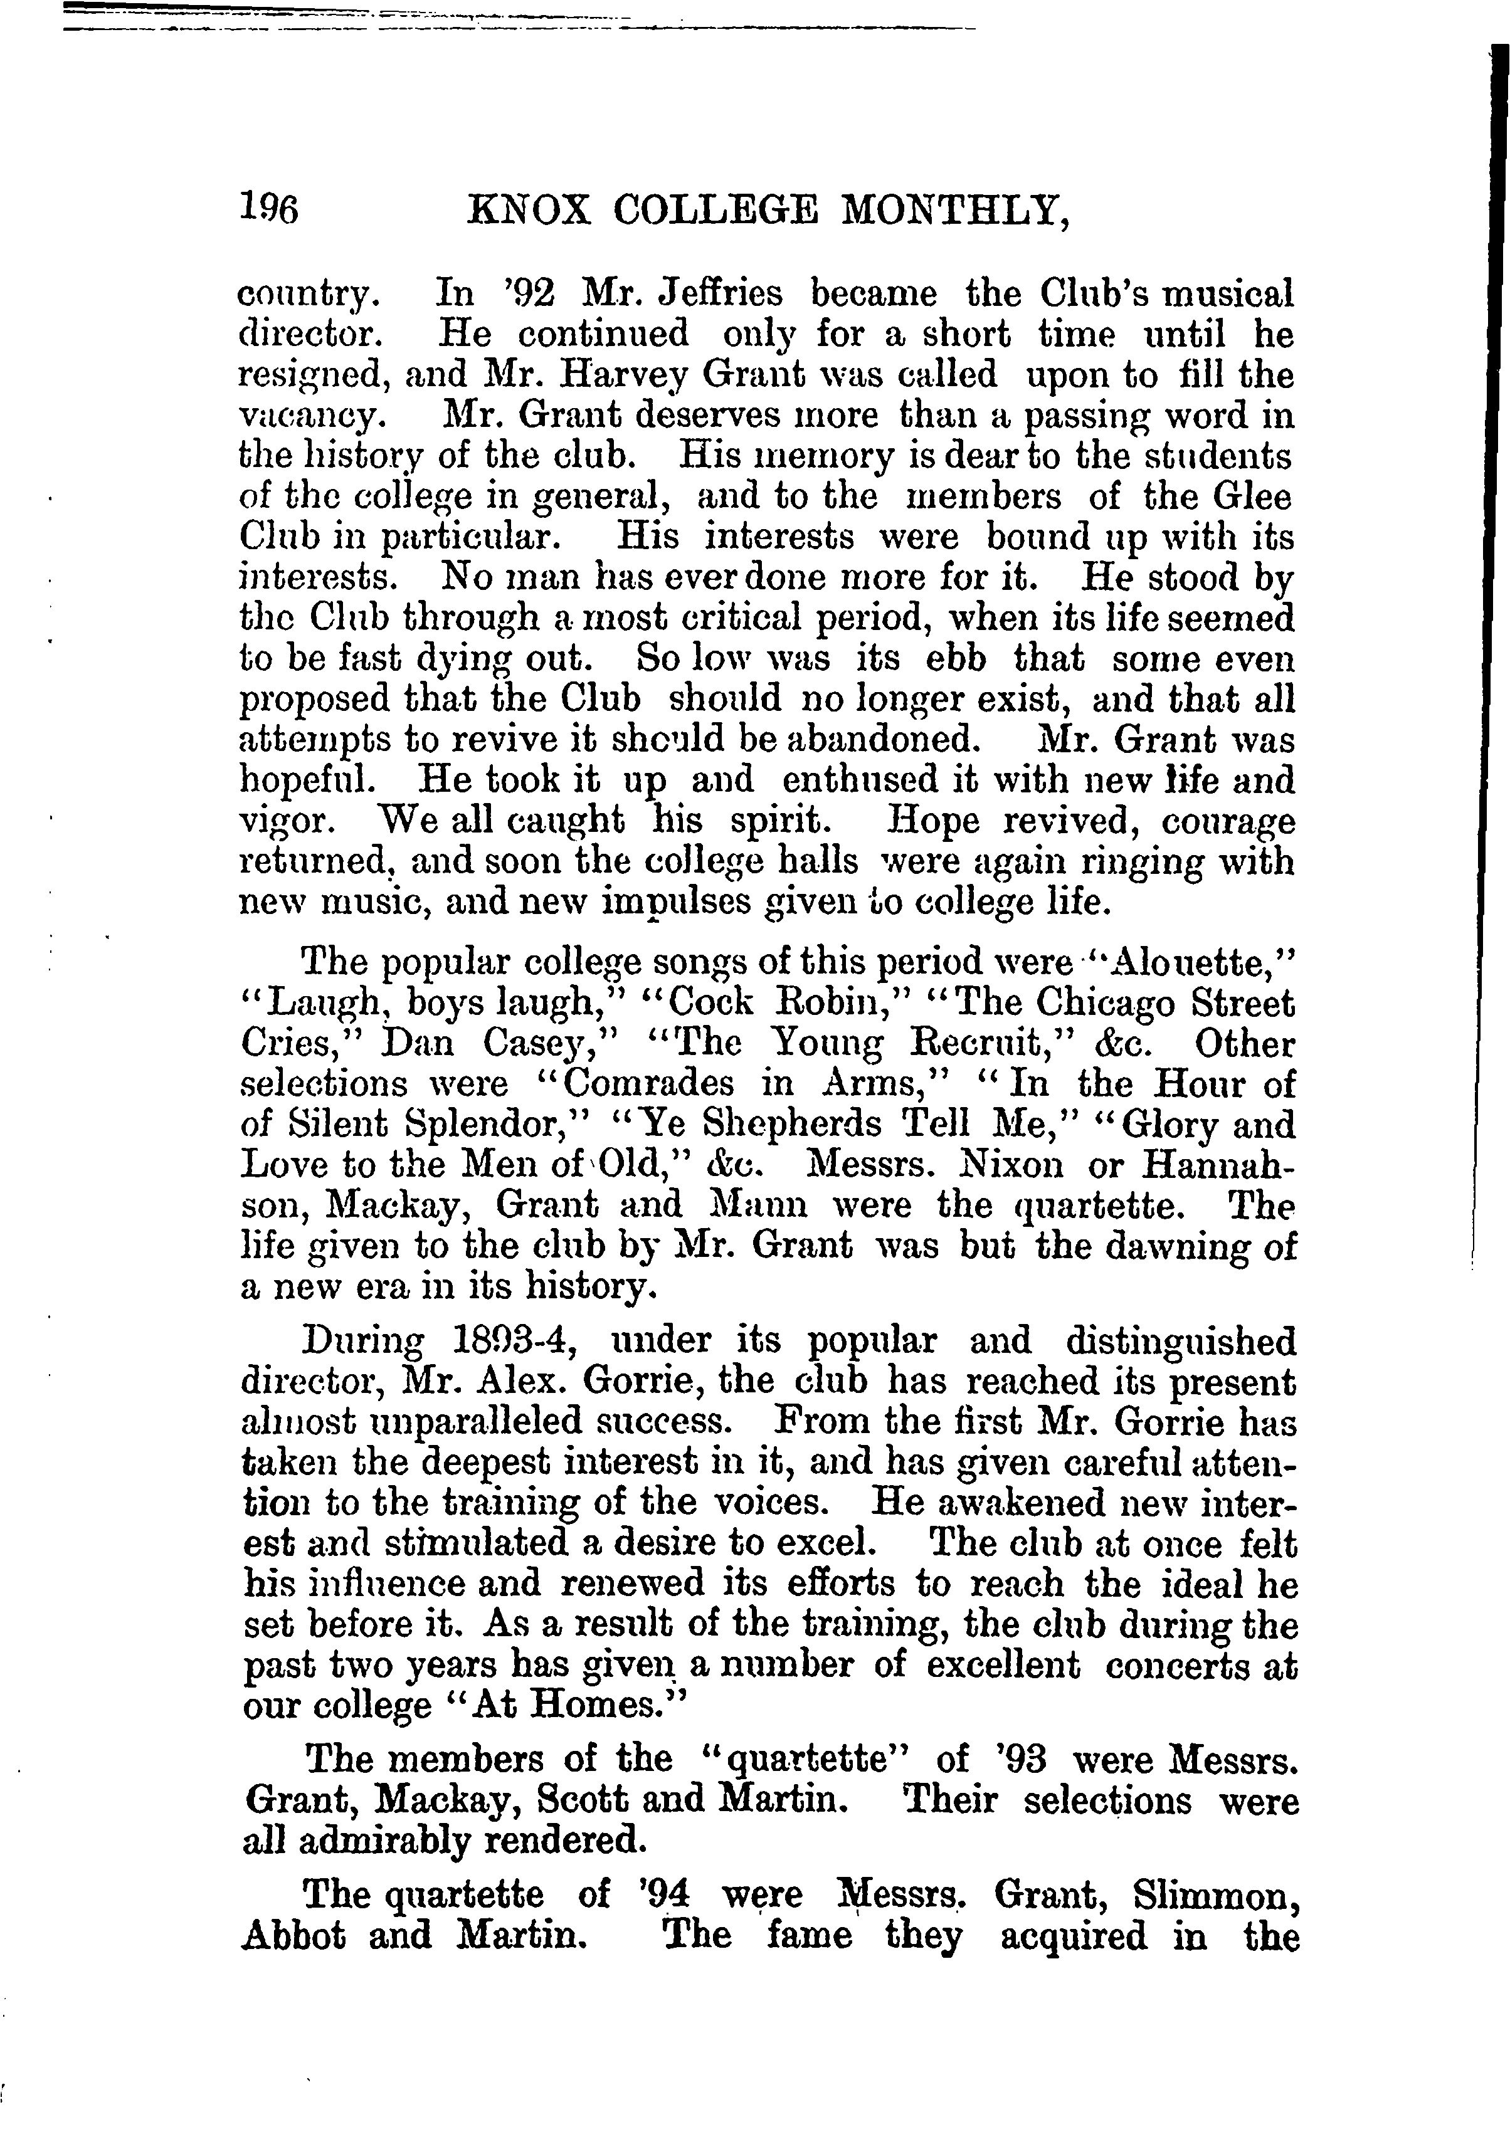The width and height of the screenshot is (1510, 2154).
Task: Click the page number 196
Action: click(x=268, y=210)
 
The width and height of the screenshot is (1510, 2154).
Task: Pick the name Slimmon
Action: click(x=1215, y=1896)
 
